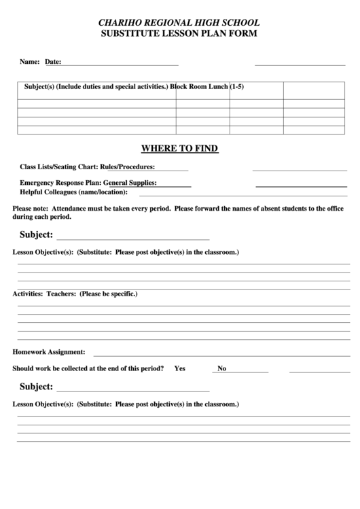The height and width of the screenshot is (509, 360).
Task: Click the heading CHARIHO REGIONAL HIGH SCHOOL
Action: coord(179,22)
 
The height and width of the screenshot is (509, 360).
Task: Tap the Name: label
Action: coord(30,62)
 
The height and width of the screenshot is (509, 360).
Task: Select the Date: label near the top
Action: coord(53,62)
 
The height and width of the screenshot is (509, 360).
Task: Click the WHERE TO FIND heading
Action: coord(179,148)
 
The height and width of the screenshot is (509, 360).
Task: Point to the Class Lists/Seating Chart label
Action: coord(59,166)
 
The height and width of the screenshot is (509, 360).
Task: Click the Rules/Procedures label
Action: coord(128,166)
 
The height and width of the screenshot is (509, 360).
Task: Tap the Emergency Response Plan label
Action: coord(60,183)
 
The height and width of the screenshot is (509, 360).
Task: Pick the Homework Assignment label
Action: coord(49,352)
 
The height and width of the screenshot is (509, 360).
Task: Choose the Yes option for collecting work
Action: coord(180,368)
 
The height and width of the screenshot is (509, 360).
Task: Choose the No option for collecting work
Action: coord(221,368)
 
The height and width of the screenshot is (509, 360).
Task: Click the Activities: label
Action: coord(28,294)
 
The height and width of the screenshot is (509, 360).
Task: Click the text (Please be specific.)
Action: coord(109,294)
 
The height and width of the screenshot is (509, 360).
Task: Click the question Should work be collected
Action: coord(88,368)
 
